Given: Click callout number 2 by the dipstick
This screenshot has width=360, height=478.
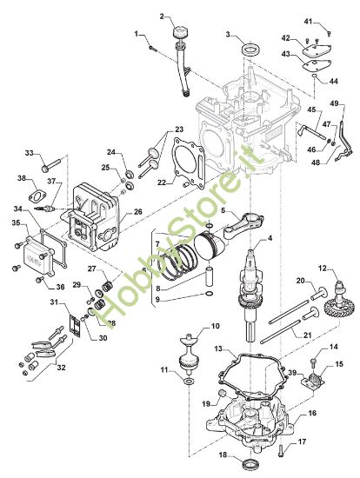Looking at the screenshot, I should [163, 17].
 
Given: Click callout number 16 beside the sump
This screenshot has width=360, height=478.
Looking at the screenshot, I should [310, 415].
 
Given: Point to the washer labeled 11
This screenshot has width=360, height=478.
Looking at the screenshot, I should [189, 382].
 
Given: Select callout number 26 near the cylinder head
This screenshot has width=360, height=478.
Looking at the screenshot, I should [139, 211].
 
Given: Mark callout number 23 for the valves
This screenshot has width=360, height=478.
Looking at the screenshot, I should [179, 129].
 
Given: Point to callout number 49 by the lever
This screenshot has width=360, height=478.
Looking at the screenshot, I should [333, 104].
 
